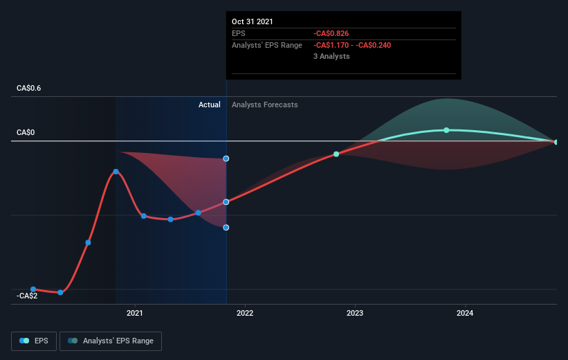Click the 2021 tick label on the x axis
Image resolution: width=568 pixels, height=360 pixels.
point(134,313)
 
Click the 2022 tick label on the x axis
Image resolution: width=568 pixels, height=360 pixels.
point(245,313)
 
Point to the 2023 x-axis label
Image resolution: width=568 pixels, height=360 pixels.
point(355,313)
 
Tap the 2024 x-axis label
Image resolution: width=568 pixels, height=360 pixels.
point(465,313)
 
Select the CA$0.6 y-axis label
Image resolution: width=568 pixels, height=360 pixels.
point(28,88)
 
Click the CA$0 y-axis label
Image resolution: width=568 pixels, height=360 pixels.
point(26,132)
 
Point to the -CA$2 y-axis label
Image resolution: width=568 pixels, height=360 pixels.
point(27,296)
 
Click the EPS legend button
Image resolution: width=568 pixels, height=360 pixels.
point(34,341)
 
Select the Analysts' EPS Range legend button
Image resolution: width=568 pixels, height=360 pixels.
point(111,341)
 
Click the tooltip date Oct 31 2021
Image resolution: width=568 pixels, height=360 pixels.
point(252,21)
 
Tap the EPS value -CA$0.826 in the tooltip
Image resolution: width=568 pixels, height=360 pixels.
point(331,33)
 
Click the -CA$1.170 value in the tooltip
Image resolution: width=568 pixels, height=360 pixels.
point(331,45)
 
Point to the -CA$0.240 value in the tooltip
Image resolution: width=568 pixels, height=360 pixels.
point(373,45)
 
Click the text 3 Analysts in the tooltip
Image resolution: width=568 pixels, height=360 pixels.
point(331,56)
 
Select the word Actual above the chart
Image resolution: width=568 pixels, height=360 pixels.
point(210,105)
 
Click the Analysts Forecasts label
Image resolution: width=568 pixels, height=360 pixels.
point(265,105)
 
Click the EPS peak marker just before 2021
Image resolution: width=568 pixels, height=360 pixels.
point(116,172)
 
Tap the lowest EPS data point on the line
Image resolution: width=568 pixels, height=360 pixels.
point(60,292)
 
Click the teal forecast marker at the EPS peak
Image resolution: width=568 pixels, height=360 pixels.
point(446,130)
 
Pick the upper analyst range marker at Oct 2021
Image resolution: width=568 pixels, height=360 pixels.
point(226,159)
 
